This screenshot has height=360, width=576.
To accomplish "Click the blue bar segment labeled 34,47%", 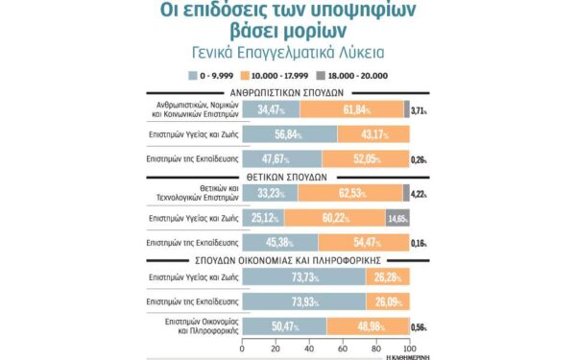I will click(272, 110).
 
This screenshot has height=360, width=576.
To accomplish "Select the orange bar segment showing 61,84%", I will click(351, 110).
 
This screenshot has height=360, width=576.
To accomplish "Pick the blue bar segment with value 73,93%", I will click(304, 301).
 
